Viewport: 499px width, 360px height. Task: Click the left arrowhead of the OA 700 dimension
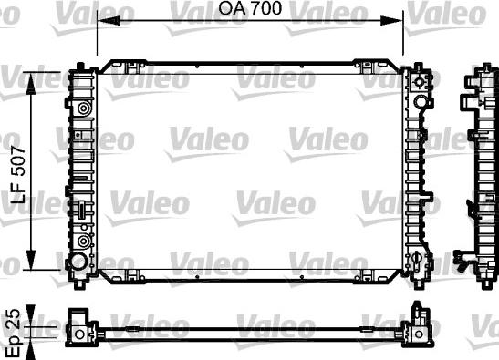99,20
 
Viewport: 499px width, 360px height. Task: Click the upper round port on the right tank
421,84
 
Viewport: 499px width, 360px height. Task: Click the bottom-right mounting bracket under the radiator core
364,274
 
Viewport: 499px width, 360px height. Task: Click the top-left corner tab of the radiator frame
87,67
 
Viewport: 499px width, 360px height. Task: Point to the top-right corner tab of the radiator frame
414,67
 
